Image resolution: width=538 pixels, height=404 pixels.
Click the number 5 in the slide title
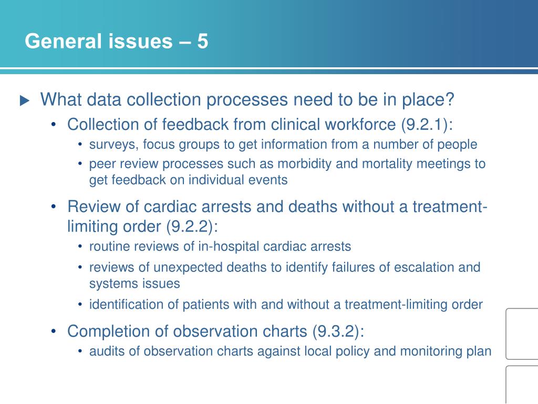[x=202, y=41]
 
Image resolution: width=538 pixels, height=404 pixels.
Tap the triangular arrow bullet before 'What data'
[x=25, y=101]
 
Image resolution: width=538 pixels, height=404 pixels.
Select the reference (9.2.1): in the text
[x=427, y=125]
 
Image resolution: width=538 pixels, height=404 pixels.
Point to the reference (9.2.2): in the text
[x=192, y=227]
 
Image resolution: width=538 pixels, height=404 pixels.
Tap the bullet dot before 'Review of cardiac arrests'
[x=55, y=207]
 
